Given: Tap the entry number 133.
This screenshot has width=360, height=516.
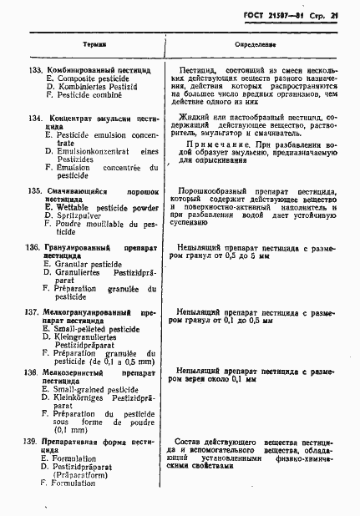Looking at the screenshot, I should pyautogui.click(x=36, y=69).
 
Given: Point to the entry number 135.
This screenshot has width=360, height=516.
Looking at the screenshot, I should pyautogui.click(x=36, y=191).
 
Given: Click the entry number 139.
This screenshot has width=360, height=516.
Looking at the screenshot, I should pyautogui.click(x=34, y=439).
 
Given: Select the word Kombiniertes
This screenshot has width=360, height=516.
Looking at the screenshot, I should pyautogui.click(x=85, y=86).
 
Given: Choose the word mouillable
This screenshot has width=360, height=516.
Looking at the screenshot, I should pyautogui.click(x=99, y=223).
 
